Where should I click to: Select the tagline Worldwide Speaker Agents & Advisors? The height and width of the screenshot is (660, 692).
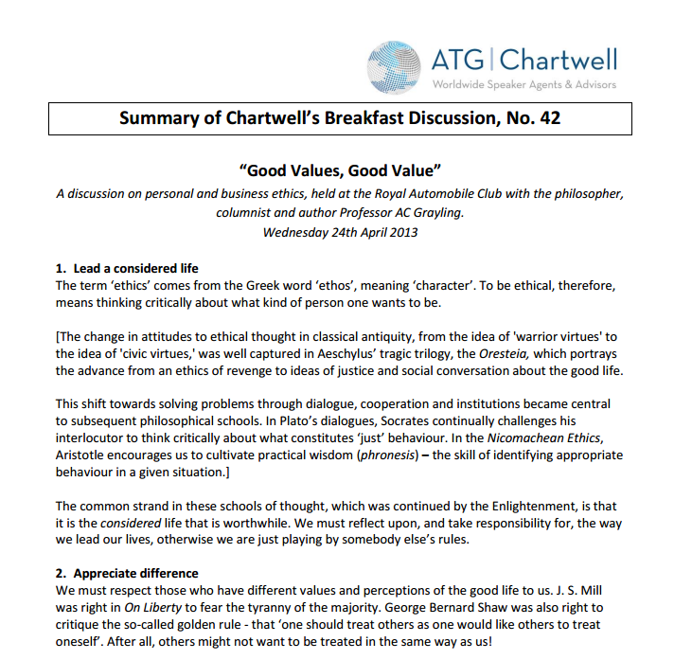coord(523,85)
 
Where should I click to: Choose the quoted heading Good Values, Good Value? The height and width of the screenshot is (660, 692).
coord(340,170)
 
